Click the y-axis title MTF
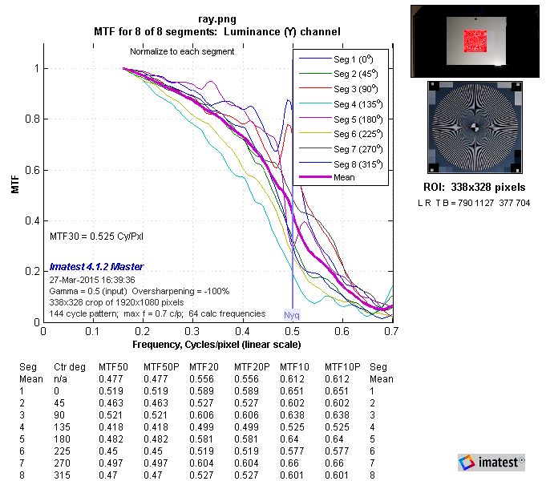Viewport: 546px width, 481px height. point(14,187)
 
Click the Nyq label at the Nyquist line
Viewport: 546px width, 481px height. point(293,317)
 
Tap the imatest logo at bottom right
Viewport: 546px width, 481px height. point(491,462)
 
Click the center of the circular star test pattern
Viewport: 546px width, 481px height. point(474,126)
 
